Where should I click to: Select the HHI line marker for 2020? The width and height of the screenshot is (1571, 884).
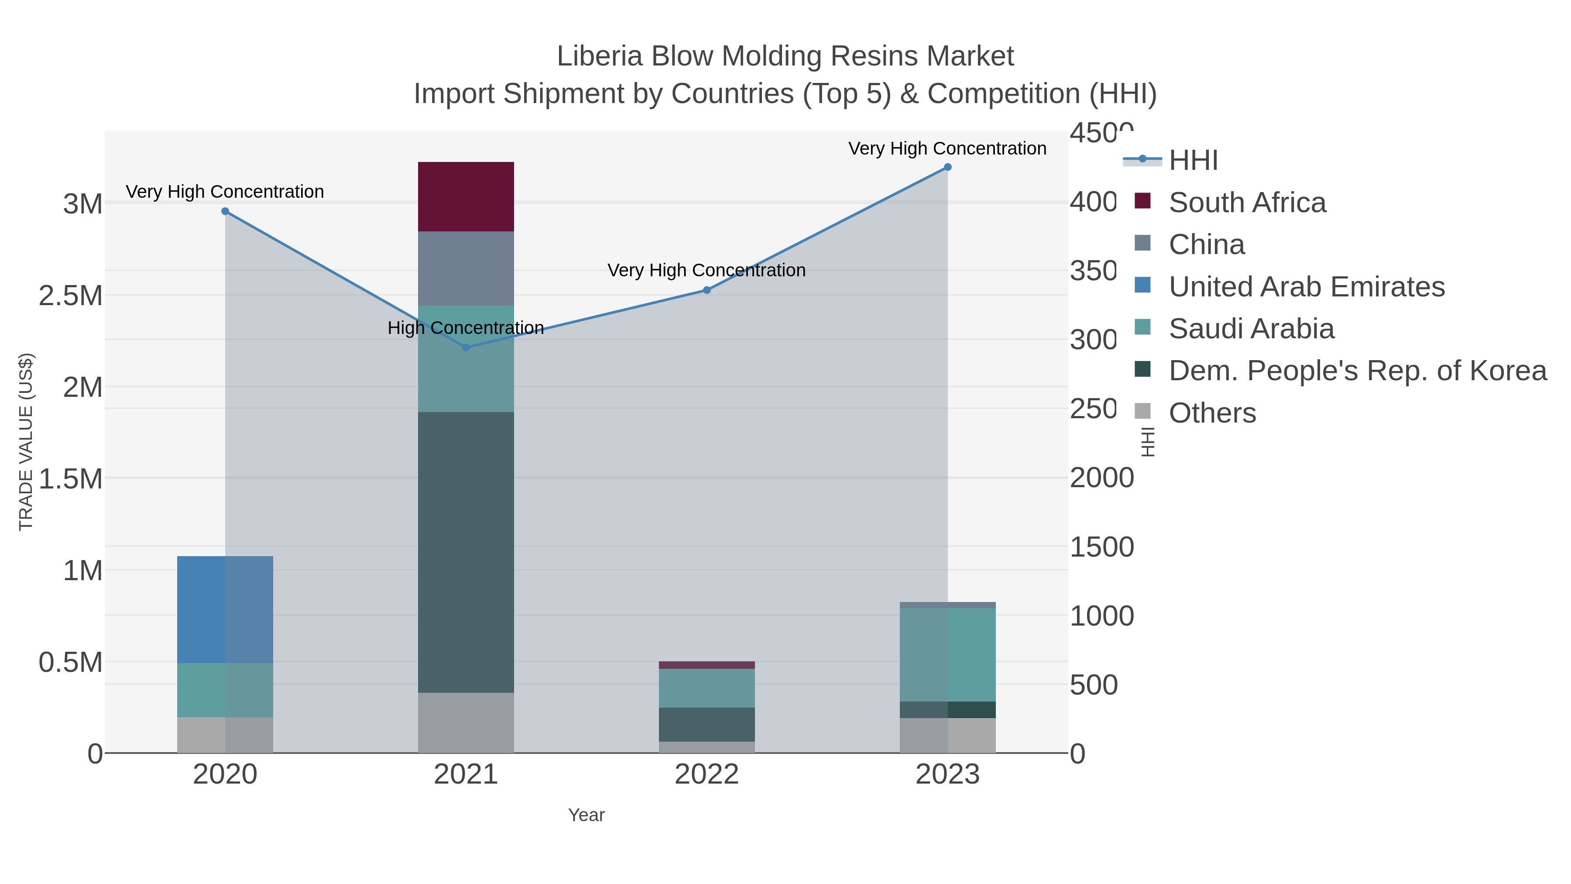pos(225,211)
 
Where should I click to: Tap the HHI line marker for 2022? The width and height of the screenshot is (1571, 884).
pos(707,290)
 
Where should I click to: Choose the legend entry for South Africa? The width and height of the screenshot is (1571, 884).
pos(1247,203)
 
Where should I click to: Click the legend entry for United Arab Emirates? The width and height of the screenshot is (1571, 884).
pos(1306,287)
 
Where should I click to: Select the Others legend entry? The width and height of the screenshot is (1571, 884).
pos(1212,413)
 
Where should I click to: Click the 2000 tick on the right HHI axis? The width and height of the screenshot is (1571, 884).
pos(1101,478)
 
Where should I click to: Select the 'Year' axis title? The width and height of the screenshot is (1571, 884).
pos(586,815)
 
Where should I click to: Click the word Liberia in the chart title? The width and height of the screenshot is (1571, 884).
pos(600,57)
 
